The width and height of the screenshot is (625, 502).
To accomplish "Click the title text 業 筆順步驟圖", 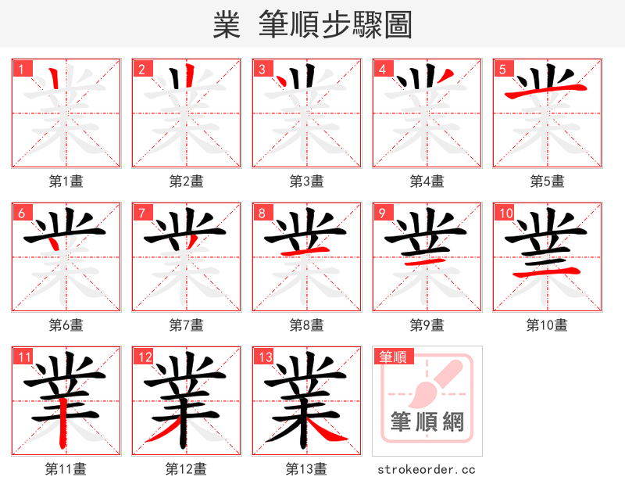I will coord(312,25).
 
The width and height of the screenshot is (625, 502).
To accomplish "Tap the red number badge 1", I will coord(21,70).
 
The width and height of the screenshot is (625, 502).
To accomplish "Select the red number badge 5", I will coord(502,70).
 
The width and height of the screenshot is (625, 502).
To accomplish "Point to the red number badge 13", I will coord(264,357).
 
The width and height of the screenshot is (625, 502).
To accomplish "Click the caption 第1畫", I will coord(66,181).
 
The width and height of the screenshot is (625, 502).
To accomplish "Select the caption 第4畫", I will coord(427,181).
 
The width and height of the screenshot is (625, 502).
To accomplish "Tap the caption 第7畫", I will coord(187,325).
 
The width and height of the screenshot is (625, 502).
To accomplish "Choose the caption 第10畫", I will coord(547,325).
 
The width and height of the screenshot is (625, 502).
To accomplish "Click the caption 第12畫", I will coord(187,469).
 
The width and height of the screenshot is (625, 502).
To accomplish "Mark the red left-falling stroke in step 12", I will coord(164,430).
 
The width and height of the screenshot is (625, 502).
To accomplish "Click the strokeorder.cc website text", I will coord(427,469).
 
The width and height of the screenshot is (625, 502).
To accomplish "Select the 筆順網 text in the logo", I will coord(427,422).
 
